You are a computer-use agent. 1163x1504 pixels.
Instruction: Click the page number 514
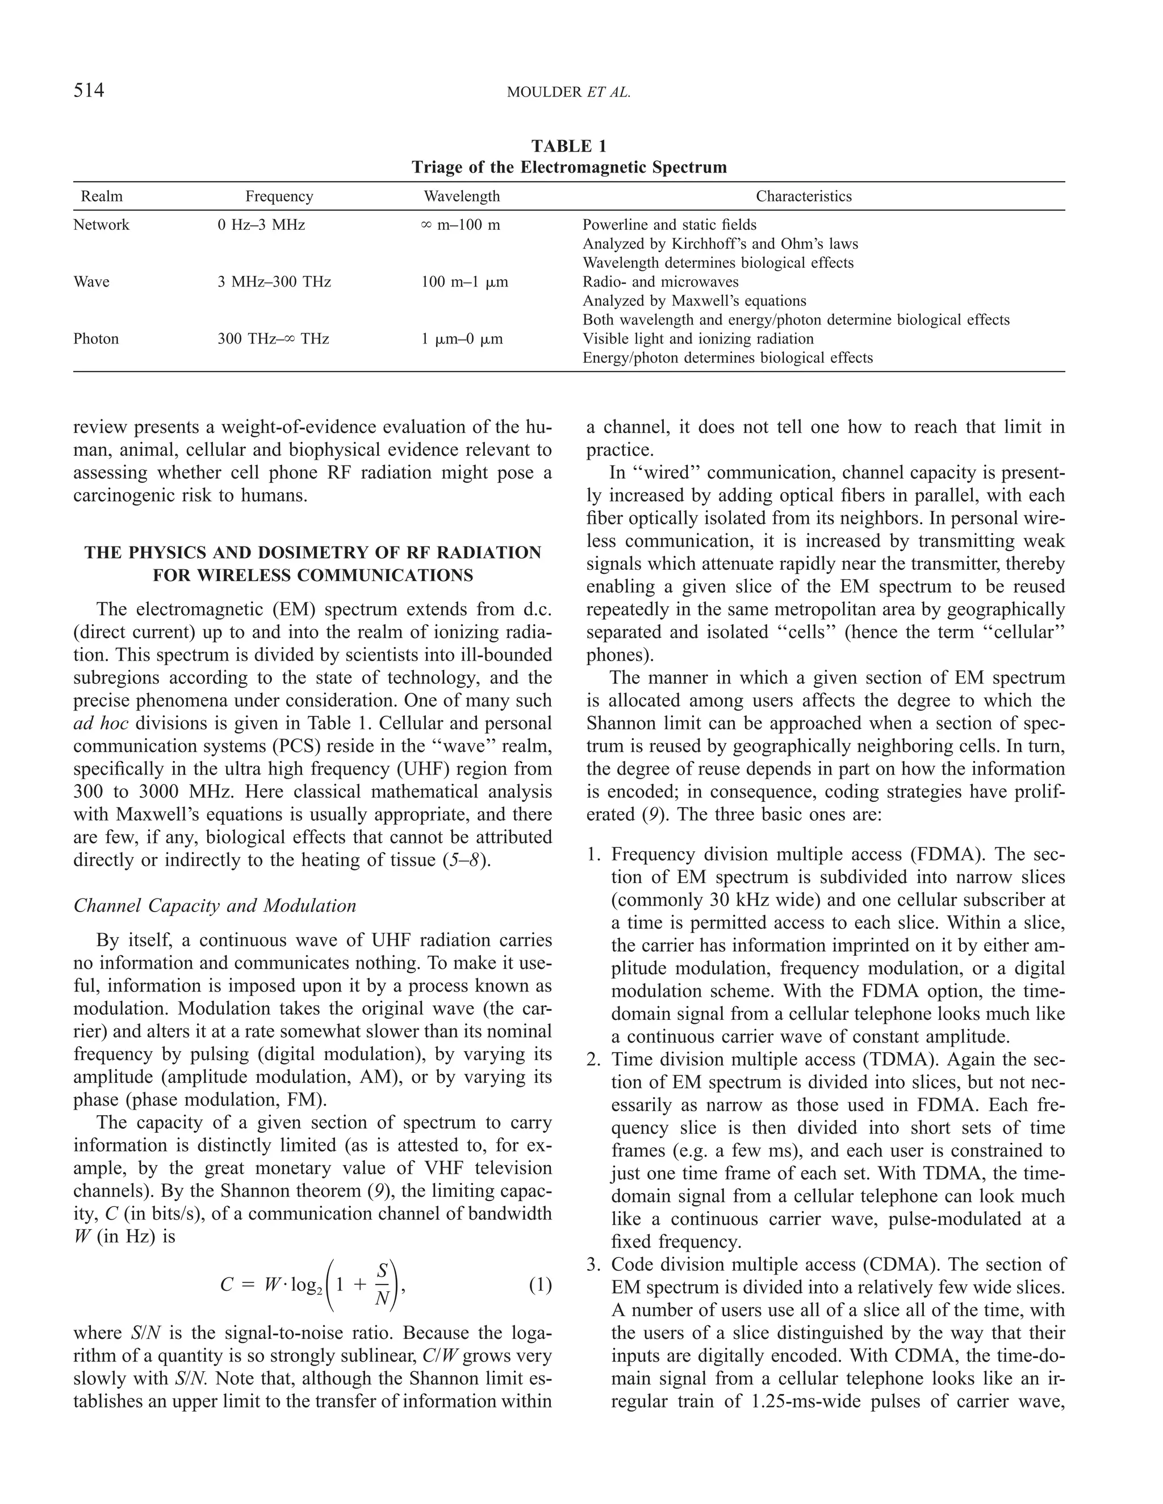tap(89, 90)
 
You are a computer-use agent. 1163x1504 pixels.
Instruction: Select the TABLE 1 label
tap(569, 146)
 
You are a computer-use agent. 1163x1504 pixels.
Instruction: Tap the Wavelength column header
tap(462, 196)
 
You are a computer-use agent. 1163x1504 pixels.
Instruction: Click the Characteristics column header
tap(804, 196)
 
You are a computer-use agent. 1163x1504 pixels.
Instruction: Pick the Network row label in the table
tap(101, 225)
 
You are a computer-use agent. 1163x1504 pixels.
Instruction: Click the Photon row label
tap(96, 339)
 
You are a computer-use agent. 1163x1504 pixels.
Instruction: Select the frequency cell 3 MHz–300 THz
tap(274, 282)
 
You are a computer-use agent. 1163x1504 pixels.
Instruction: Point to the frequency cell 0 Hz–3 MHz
tap(261, 225)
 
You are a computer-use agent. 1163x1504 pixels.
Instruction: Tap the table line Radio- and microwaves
tap(660, 282)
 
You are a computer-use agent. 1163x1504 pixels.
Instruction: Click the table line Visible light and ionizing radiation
tap(698, 339)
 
